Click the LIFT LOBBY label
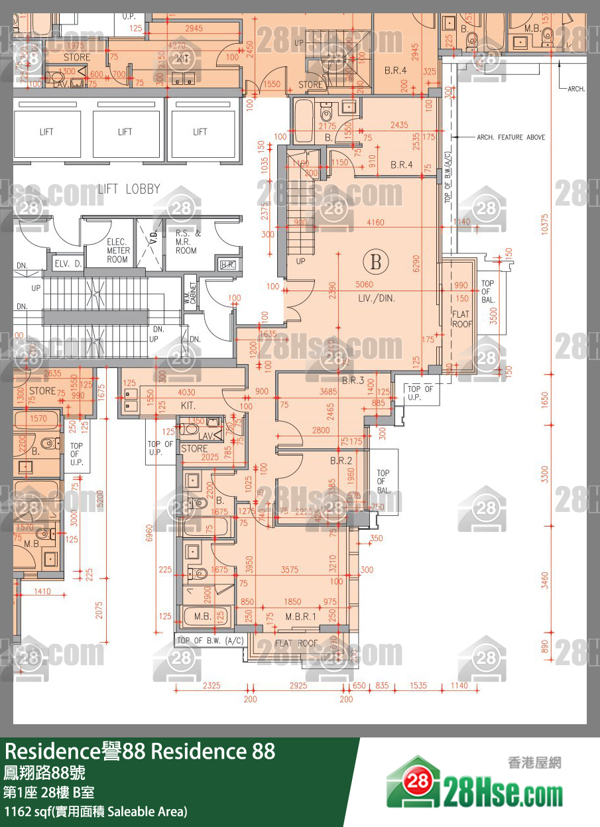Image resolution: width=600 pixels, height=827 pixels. [x=129, y=189]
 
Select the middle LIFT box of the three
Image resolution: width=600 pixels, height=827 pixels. [x=125, y=133]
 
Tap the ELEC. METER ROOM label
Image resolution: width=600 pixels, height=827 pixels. [x=118, y=251]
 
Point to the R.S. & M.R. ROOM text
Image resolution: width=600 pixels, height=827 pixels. [x=187, y=242]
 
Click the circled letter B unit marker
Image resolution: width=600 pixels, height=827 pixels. [x=376, y=262]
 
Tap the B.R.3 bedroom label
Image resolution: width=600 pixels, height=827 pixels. [x=353, y=381]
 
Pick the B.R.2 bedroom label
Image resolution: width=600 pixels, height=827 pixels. [x=341, y=460]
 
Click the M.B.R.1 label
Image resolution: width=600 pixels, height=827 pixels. [x=302, y=616]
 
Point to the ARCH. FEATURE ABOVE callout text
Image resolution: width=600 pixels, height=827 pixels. [x=511, y=137]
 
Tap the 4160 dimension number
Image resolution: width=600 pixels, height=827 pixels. [x=375, y=223]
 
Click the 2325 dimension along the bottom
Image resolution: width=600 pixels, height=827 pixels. [x=211, y=685]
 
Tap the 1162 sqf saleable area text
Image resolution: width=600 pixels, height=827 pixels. [x=96, y=811]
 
